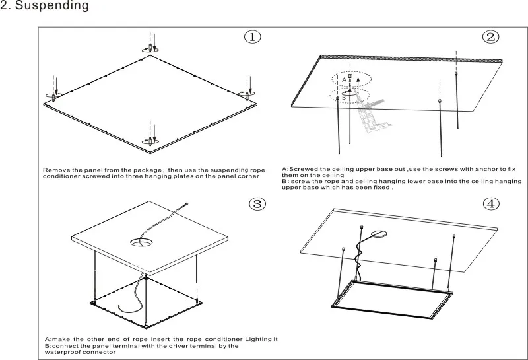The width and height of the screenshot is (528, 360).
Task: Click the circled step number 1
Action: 252,36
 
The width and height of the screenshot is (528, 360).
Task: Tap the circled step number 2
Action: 490,36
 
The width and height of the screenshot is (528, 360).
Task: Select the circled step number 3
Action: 257,203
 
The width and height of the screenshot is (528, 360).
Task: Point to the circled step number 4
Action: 491,203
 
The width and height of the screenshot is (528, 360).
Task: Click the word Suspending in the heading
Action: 52,6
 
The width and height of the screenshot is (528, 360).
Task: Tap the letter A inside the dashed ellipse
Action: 344,80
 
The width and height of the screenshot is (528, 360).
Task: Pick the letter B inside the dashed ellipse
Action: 344,98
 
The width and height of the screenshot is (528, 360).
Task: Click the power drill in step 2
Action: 372,115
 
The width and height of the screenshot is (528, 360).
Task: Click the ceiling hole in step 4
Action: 379,234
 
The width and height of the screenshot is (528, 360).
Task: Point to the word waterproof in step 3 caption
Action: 61,352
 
